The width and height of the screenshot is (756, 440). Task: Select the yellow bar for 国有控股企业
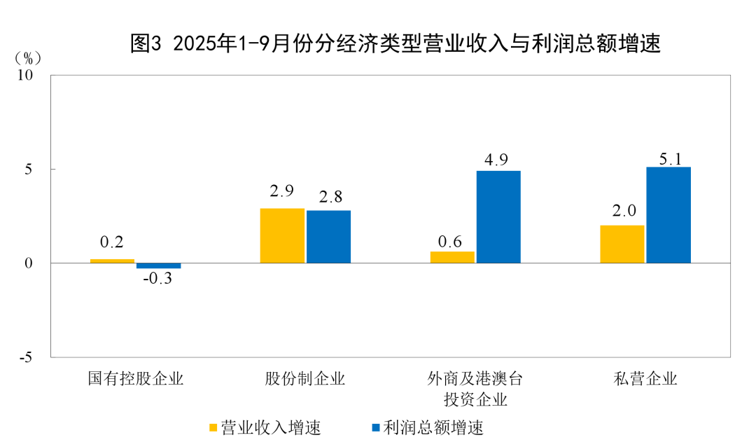(112, 261)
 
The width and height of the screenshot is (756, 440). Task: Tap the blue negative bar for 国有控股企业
(158, 266)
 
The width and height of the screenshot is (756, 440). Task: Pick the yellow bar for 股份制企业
(282, 235)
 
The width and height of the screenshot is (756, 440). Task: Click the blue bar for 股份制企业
(328, 237)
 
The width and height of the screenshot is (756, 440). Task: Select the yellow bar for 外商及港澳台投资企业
(451, 257)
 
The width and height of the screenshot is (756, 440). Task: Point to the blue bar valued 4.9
(498, 216)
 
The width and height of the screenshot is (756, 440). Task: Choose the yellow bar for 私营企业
(622, 244)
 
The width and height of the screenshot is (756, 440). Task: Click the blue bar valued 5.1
(668, 214)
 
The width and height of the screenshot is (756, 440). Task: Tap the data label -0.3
(158, 278)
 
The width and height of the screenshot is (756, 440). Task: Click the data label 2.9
(281, 191)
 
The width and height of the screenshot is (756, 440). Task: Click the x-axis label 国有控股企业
(135, 379)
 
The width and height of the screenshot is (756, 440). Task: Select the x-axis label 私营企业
(645, 379)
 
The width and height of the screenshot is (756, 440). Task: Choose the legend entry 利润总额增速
(427, 427)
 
